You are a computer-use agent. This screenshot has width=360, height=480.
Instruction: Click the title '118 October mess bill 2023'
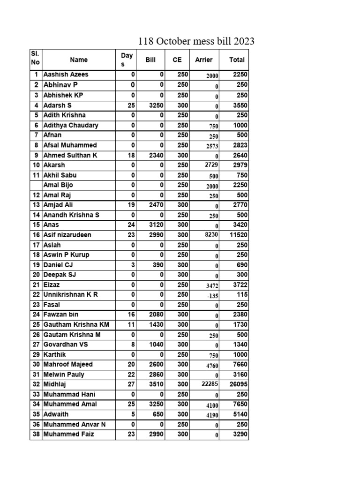[196, 41]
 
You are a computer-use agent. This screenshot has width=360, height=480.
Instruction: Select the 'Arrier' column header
[203, 60]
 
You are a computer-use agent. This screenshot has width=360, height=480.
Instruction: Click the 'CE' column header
[177, 60]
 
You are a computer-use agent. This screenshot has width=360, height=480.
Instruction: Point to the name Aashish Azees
[66, 75]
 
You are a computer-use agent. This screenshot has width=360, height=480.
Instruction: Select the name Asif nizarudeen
[67, 235]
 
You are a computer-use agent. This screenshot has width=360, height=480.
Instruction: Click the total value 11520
[238, 235]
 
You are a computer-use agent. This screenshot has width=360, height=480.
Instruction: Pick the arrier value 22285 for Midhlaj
[210, 384]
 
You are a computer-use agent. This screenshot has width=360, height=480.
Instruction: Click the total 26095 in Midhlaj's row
[238, 384]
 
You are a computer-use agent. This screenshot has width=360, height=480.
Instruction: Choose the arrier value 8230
[209, 235]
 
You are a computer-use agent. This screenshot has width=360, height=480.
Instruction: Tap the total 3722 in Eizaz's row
[240, 285]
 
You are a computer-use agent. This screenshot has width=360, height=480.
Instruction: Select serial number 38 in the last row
[36, 435]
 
